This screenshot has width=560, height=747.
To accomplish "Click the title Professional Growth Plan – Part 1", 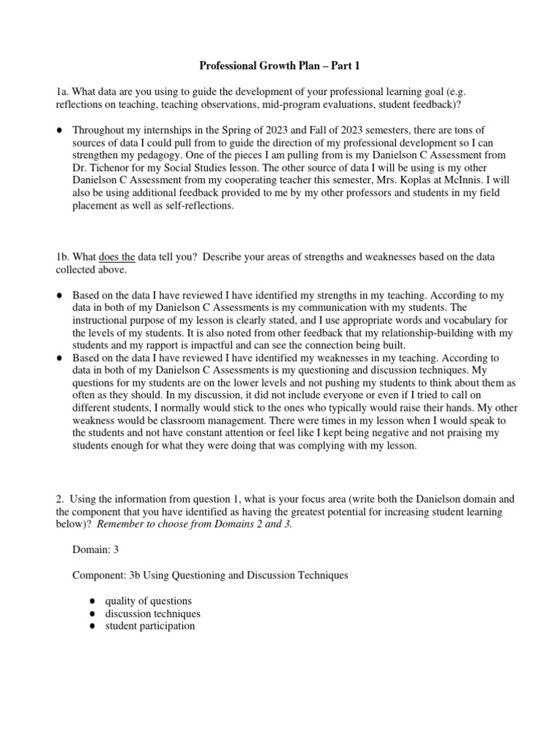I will tap(280, 66).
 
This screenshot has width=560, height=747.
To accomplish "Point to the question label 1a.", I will tap(63, 91).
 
